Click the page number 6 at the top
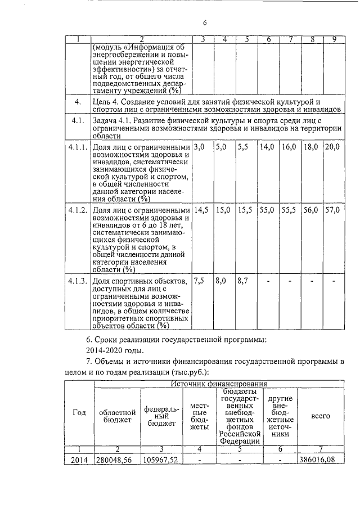pos(205,22)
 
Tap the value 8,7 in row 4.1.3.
pos(243,281)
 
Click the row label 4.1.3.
pos(78,281)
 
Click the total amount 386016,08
pos(319,460)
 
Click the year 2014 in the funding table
pos(79,460)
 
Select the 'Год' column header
pos(79,412)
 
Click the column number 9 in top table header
pos(334,39)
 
